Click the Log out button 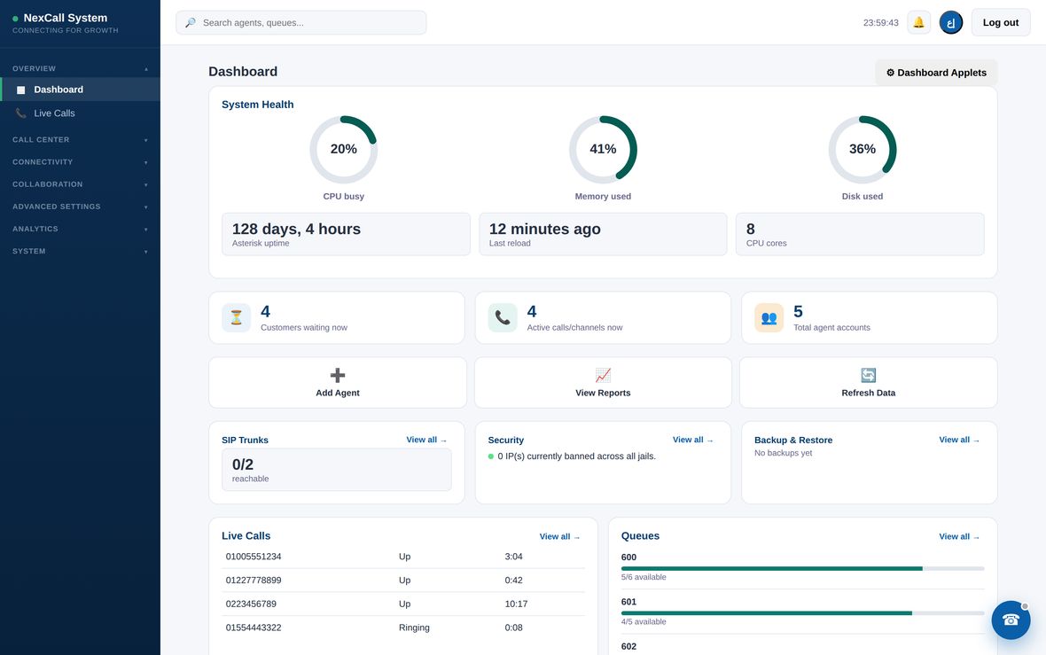click(x=1000, y=23)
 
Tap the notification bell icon click(x=918, y=23)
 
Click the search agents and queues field click(x=301, y=23)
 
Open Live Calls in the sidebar click(x=54, y=113)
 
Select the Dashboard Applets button click(x=936, y=73)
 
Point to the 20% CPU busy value click(x=344, y=149)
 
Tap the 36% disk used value click(x=862, y=149)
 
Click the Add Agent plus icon click(x=338, y=375)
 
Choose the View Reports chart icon click(x=603, y=375)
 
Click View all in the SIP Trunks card click(x=426, y=440)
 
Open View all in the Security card click(x=692, y=440)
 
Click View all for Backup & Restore click(x=958, y=440)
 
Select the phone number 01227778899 click(x=254, y=581)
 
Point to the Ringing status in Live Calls click(x=414, y=628)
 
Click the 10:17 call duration click(x=516, y=604)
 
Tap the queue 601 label click(x=628, y=602)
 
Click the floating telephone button click(x=1011, y=620)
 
